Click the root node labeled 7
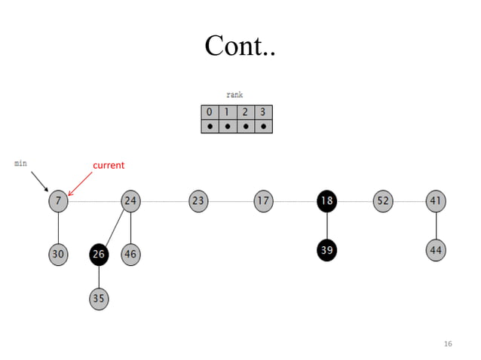pos(58,201)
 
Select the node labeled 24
pos(131,201)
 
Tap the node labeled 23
pos(198,201)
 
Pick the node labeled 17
pos(263,201)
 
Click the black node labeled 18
pos(326,201)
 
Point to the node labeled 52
pos(383,201)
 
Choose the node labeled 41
pos(436,201)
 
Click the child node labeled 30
pos(58,255)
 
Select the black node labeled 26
pos(99,255)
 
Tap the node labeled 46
pos(131,255)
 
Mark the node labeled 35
pos(99,298)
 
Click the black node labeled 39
pos(326,250)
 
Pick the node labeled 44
pos(436,250)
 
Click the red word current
pos(109,165)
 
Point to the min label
pos(20,162)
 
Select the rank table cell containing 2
pos(245,112)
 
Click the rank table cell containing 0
pos(210,112)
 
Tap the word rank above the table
pos(234,96)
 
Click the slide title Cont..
pos(240,47)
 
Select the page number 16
pos(448,343)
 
